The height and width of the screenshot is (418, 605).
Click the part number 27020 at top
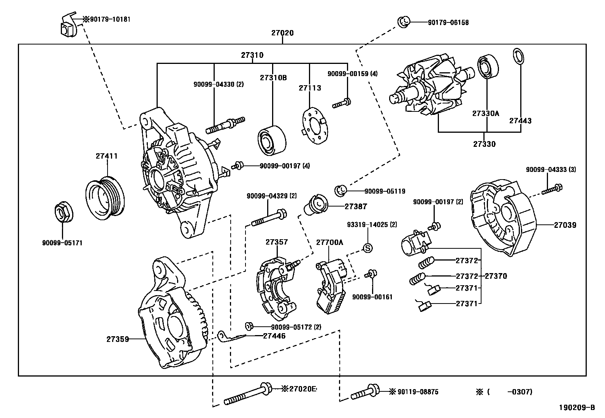(282, 33)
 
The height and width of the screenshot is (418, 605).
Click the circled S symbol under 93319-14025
(367, 248)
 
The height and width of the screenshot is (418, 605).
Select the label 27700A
(329, 242)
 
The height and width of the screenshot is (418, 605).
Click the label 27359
(117, 339)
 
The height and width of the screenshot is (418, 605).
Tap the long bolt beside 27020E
(247, 395)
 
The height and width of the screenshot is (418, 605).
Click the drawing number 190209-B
(576, 408)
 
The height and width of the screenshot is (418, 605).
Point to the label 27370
(495, 276)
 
